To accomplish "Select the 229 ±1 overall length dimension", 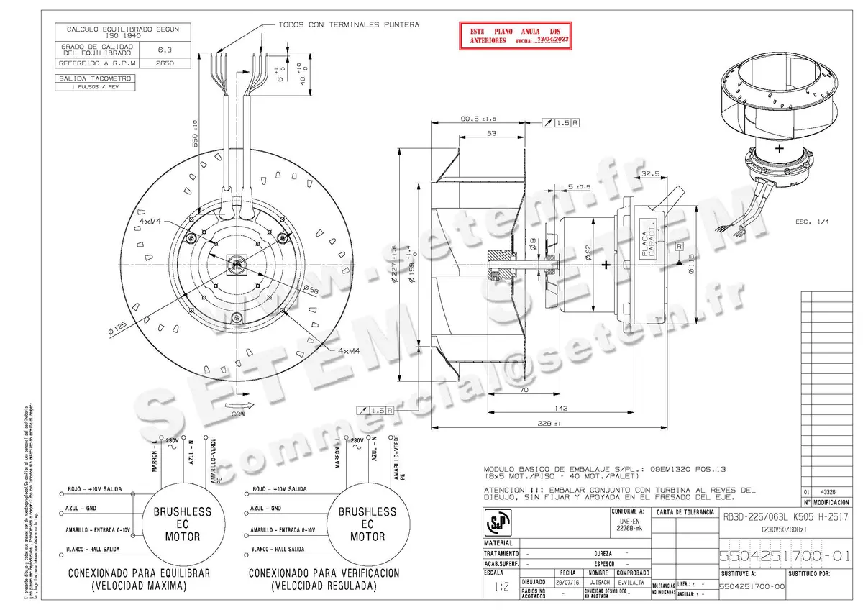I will (x=552, y=424).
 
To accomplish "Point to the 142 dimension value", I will (x=561, y=409).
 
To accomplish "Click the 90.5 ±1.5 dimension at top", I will (x=478, y=119).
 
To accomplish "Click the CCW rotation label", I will (x=238, y=414).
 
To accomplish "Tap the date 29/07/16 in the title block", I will (x=566, y=582).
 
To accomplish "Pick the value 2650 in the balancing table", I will (x=165, y=63).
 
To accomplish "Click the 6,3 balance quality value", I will (x=165, y=49).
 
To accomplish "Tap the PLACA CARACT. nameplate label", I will (x=650, y=235).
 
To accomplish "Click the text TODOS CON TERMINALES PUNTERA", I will (x=349, y=24).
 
